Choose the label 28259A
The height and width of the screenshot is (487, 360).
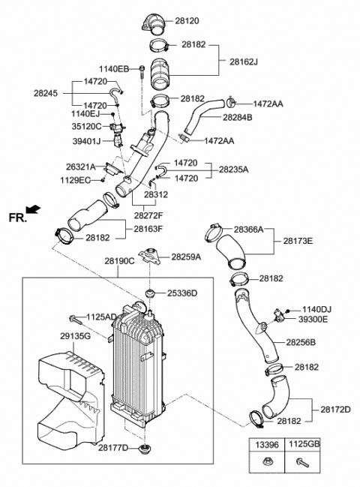click(187, 257)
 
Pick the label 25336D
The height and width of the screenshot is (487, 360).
click(182, 293)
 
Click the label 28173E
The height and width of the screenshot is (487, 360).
click(298, 241)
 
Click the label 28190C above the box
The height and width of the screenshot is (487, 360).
click(119, 261)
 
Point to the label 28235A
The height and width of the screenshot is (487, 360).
click(233, 170)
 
